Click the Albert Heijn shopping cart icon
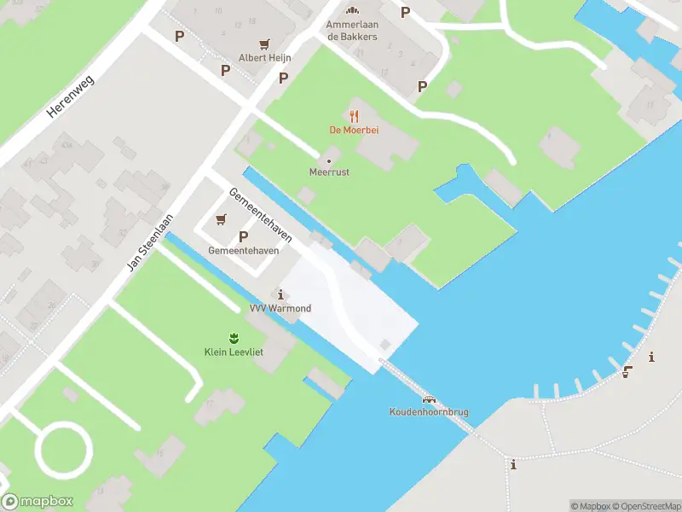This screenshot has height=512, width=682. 265,44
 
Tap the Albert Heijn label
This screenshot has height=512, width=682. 265,58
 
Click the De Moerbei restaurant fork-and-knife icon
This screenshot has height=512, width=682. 354,115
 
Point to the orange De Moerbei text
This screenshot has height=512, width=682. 354,130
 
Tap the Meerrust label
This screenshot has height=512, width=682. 329,172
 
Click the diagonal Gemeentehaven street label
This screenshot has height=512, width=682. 261,215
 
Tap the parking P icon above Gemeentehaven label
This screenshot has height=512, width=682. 243,236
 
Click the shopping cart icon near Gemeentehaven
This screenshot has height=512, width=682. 222,219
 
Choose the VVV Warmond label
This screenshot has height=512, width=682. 280,308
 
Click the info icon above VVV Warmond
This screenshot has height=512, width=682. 281,294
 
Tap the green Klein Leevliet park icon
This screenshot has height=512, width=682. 232,338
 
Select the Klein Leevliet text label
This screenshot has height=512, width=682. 232,352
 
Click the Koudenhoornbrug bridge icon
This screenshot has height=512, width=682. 429,399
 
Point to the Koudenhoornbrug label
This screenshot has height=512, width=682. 429,413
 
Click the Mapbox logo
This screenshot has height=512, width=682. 38,502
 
